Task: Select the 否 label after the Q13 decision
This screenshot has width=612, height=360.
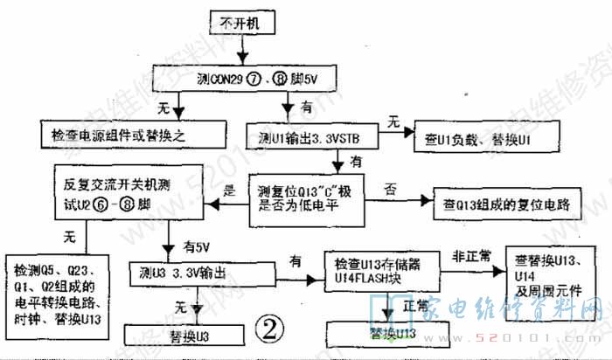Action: (x=389, y=186)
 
